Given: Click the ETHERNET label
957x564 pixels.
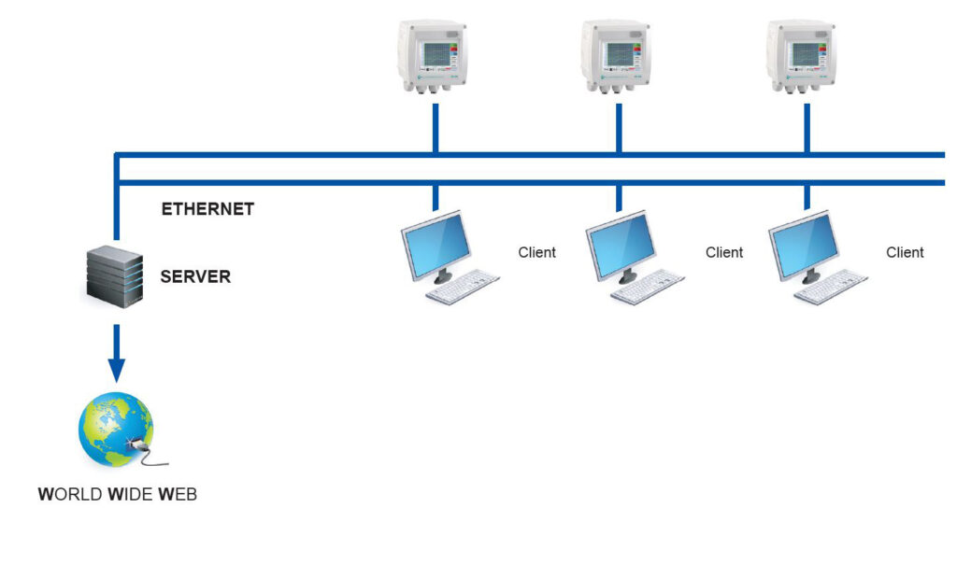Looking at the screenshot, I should [x=207, y=209].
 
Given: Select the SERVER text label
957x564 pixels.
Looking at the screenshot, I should [x=195, y=276].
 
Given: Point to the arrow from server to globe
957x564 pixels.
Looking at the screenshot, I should [x=116, y=353].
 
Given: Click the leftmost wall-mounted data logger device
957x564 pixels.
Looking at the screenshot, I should [x=432, y=56].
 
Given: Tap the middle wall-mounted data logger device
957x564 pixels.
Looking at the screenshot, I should [x=616, y=56].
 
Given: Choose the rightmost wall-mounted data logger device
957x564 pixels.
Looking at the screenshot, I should [x=802, y=56].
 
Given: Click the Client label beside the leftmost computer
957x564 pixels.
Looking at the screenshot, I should [x=536, y=252].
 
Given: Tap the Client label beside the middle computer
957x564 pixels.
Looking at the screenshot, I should [x=724, y=252].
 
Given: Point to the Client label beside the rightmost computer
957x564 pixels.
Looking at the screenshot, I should [x=905, y=252].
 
